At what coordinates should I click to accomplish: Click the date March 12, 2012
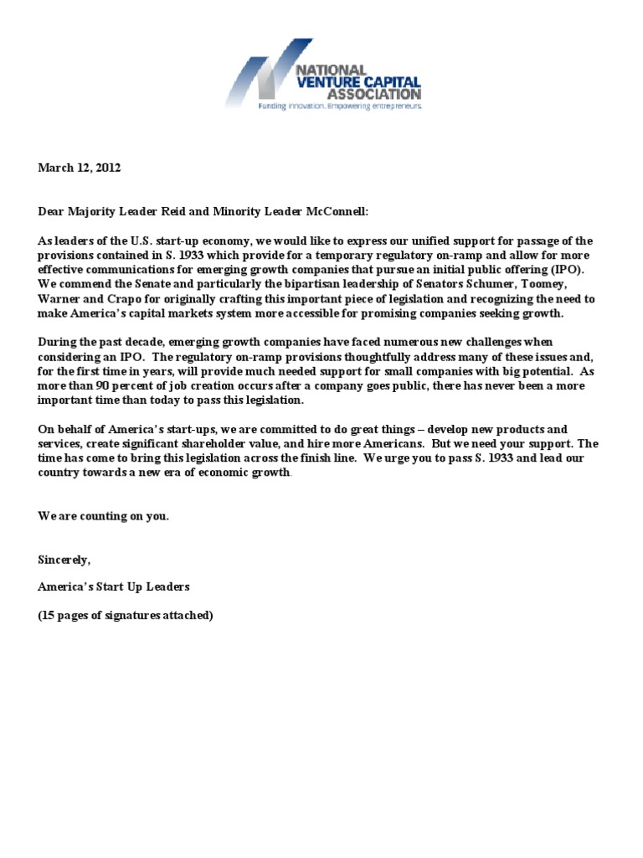(80, 168)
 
